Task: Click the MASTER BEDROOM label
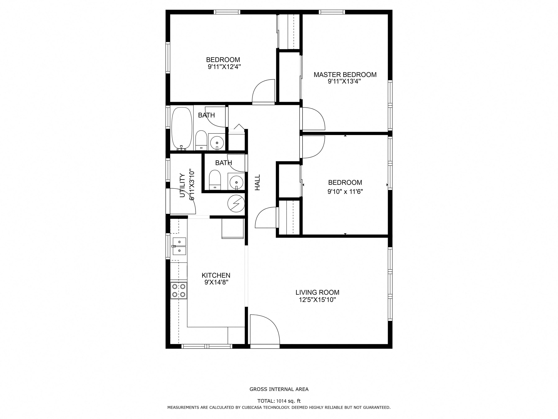click(345, 75)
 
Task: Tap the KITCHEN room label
click(216, 275)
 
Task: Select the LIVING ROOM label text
click(317, 292)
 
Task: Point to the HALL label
click(257, 182)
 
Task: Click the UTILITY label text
click(182, 185)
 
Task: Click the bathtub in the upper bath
click(182, 129)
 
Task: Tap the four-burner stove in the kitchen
click(179, 290)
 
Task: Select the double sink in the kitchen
click(179, 246)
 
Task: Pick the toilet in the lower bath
click(215, 180)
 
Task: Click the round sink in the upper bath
click(217, 142)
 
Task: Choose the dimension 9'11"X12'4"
click(224, 67)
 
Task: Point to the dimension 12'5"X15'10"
click(317, 300)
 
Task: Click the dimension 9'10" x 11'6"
click(345, 192)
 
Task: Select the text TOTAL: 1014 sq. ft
click(279, 401)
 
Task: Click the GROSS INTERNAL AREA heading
click(279, 389)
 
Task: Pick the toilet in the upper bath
click(201, 140)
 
